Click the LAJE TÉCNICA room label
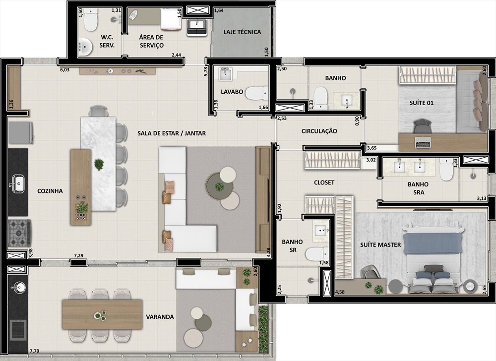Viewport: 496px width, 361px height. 242,32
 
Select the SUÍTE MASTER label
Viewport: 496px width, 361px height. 380,244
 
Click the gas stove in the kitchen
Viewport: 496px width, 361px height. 19,233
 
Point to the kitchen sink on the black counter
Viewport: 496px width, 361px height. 18,183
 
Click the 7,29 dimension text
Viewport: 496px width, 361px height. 79,255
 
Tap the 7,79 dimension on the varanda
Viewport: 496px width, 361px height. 35,351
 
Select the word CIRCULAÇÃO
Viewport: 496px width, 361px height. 319,131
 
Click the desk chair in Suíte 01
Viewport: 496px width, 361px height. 422,126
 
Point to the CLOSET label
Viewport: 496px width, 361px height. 324,182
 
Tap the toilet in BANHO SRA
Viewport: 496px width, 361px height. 447,170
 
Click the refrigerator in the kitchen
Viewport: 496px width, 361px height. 20,133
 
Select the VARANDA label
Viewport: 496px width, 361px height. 160,317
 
